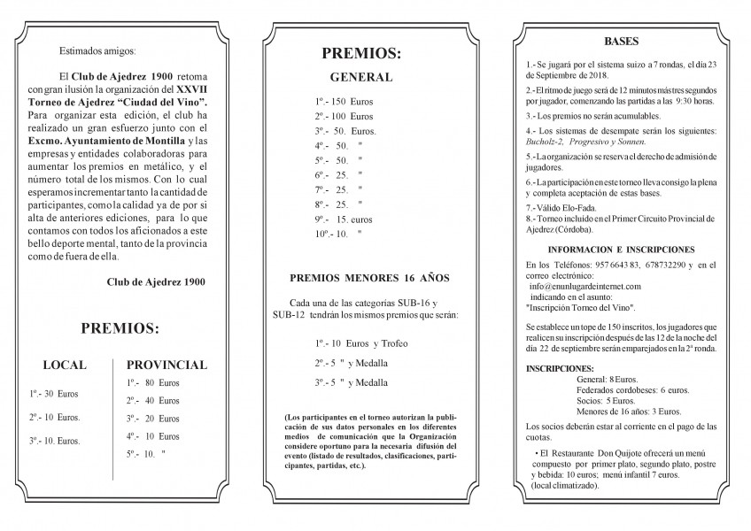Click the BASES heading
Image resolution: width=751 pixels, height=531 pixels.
point(621,42)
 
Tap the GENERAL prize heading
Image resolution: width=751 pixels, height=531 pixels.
point(360,77)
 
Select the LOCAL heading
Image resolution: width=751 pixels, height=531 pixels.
point(65,365)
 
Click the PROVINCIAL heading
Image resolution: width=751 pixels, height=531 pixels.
point(166,365)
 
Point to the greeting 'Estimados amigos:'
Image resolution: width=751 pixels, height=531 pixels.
point(97,51)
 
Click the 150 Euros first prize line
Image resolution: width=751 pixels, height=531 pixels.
point(344,102)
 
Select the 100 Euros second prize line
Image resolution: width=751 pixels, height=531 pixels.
point(344,116)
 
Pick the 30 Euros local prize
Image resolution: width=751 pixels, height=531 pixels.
point(54,394)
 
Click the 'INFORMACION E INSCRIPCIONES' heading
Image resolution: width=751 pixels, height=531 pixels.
point(621,250)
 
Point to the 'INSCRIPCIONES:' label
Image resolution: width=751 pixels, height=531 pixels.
point(560,367)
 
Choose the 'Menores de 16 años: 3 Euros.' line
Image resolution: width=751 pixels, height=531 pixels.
point(628,412)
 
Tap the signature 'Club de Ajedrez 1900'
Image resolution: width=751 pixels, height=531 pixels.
point(156,282)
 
